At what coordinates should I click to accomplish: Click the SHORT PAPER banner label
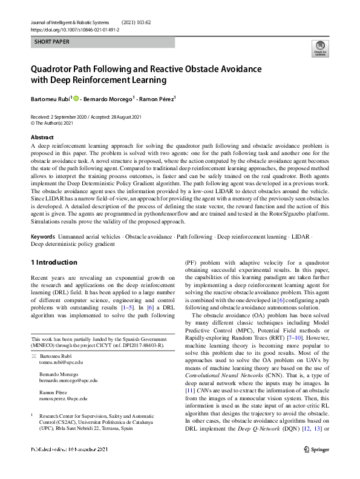pyautogui.click(x=53, y=42)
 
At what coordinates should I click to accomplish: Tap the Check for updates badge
pyautogui.click(x=318, y=48)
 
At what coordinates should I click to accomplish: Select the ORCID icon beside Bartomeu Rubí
pyautogui.click(x=76, y=97)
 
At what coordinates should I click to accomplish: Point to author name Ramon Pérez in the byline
pyautogui.click(x=157, y=97)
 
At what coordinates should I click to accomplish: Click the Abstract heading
pyautogui.click(x=42, y=137)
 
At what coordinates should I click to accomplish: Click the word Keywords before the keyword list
pyautogui.click(x=43, y=236)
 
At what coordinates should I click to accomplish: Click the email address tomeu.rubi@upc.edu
pyautogui.click(x=61, y=362)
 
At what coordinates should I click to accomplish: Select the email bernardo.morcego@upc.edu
pyautogui.click(x=68, y=380)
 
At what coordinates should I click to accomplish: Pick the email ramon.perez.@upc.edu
pyautogui.click(x=63, y=399)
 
